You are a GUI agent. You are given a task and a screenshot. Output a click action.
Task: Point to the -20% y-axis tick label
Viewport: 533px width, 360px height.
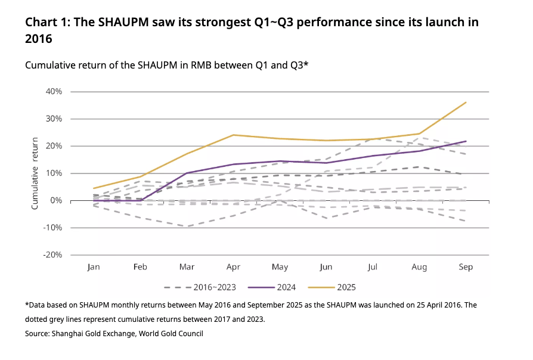[x=52, y=255]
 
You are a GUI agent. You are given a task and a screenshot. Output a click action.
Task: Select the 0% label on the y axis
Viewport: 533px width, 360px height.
[x=57, y=201]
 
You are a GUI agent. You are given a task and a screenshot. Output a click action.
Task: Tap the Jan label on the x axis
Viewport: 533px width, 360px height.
[x=94, y=267]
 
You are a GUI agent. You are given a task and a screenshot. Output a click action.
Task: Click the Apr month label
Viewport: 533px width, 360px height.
[x=233, y=267]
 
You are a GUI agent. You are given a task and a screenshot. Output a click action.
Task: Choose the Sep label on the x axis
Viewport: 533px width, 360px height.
[x=466, y=267]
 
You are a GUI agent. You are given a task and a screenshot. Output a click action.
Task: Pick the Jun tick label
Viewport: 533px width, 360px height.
[x=326, y=267]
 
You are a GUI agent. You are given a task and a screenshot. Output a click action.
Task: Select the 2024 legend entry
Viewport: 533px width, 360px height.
[x=287, y=287]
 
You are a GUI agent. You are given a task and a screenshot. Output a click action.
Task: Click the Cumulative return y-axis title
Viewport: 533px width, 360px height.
[x=35, y=173]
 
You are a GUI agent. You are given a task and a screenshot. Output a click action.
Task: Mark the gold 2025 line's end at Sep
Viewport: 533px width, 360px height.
[x=466, y=103]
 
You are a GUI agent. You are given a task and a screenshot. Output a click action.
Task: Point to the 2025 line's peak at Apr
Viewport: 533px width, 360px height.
[x=233, y=135]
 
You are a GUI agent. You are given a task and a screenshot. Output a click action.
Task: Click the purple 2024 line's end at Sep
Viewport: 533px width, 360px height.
[x=466, y=141]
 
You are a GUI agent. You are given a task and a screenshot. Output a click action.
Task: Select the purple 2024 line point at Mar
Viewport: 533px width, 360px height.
[x=187, y=173]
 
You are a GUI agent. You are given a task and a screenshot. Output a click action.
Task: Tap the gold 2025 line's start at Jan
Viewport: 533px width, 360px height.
[x=94, y=188]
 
